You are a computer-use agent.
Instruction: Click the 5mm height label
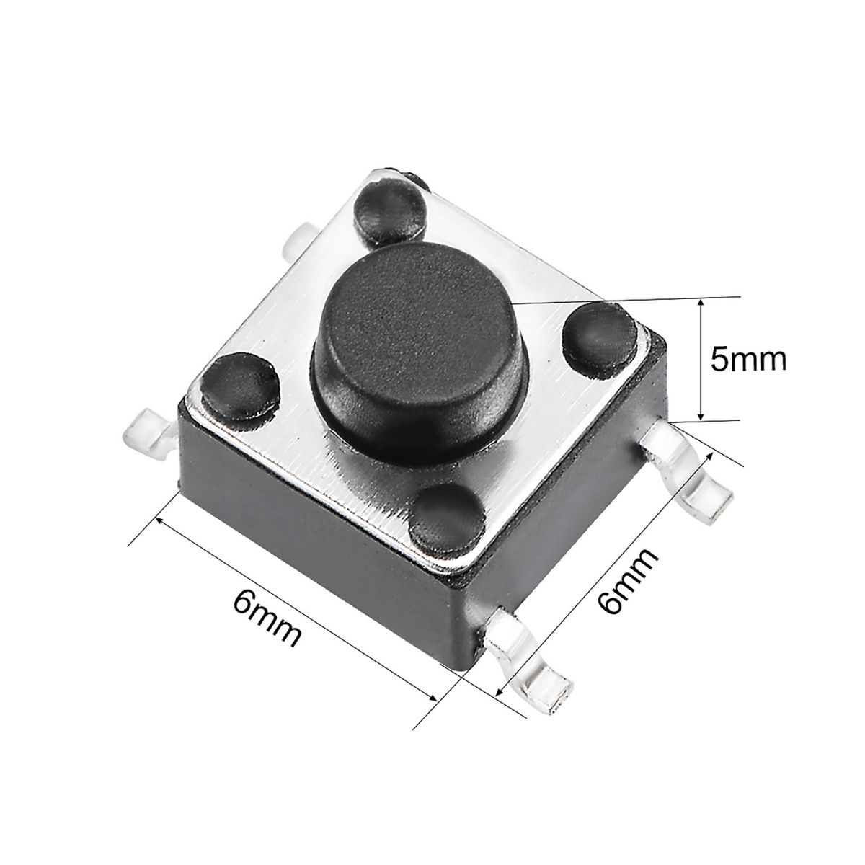(747, 360)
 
